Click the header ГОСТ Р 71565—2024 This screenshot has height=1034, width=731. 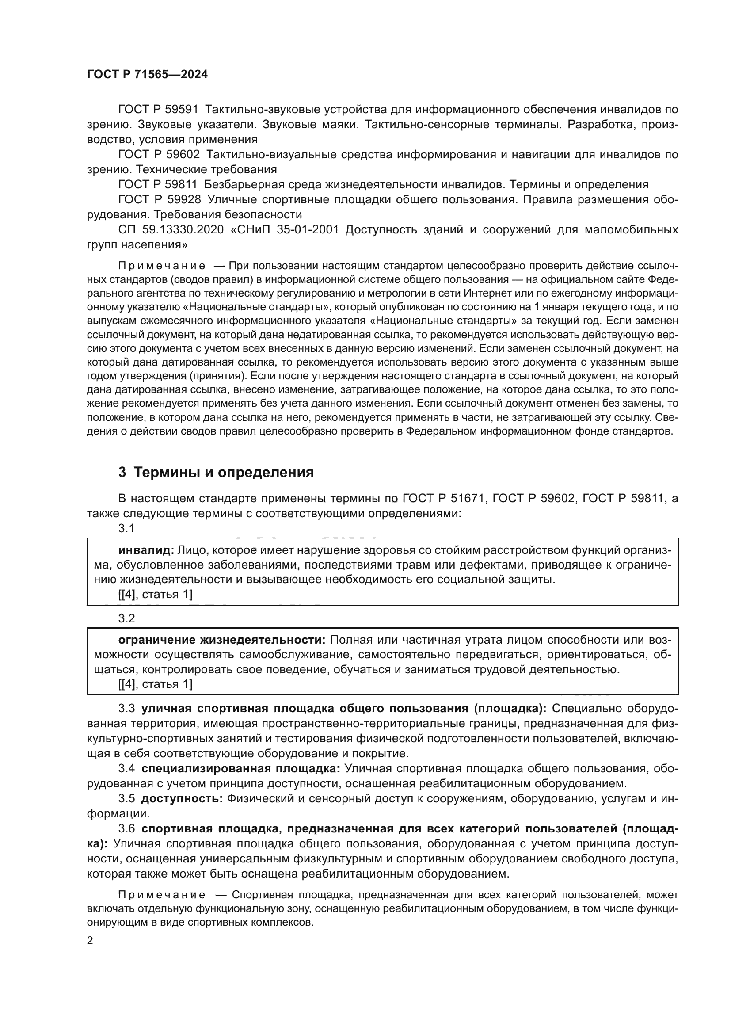pos(147,75)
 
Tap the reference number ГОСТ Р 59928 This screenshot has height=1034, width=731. pos(159,199)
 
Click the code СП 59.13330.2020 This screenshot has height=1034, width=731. pos(171,230)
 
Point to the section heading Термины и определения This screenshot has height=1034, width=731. pos(224,473)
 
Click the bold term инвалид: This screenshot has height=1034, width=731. pos(146,550)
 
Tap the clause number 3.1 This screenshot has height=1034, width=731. pos(126,528)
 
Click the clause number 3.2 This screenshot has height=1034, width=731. pos(126,618)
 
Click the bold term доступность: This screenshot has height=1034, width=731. pos(182,798)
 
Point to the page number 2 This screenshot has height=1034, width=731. pos(90,941)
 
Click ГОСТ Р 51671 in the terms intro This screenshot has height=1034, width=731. pos(443,498)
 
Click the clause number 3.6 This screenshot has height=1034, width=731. pos(126,828)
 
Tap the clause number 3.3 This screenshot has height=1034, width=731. pos(126,708)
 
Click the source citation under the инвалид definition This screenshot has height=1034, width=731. pos(155,595)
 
